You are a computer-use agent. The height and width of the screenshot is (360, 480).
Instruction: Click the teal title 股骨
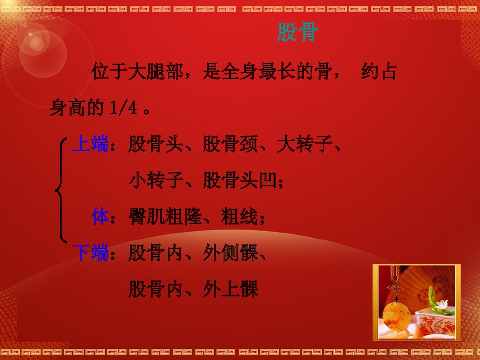(x=298, y=33)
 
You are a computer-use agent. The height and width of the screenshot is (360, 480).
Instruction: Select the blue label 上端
(x=90, y=144)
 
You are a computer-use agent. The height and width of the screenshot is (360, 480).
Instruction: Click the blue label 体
(x=100, y=217)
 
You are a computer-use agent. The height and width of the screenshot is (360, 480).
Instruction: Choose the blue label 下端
(x=90, y=252)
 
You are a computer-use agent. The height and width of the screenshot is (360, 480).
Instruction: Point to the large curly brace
(x=61, y=190)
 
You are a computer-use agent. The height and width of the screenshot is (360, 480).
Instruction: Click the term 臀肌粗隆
(x=165, y=217)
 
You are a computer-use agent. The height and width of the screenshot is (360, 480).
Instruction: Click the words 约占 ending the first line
(x=379, y=72)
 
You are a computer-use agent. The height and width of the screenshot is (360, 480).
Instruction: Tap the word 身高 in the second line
(x=68, y=108)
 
